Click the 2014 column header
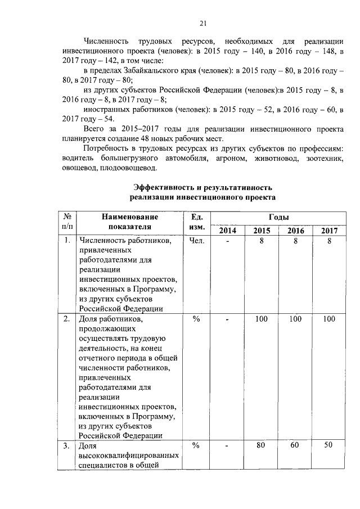point(228,231)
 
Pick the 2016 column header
point(295,231)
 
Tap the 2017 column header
point(329,231)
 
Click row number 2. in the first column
point(67,319)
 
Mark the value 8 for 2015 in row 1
point(262,241)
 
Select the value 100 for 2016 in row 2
point(295,319)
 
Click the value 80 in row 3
point(262,445)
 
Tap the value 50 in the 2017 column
point(329,445)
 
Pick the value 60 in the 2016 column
point(295,445)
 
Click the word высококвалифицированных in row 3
point(129,455)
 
